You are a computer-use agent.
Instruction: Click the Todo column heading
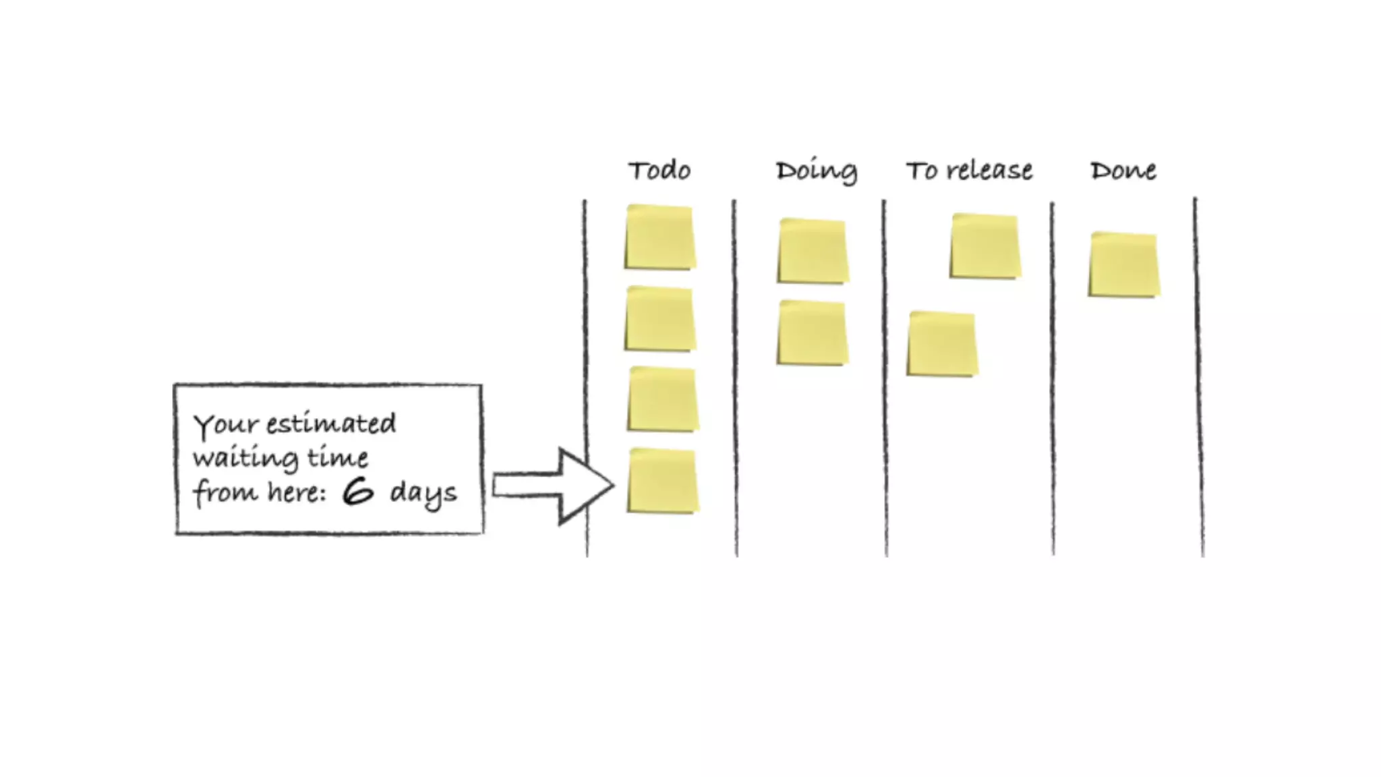pyautogui.click(x=659, y=171)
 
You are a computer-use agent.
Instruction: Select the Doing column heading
pyautogui.click(x=816, y=171)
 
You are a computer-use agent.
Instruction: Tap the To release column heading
pyautogui.click(x=969, y=171)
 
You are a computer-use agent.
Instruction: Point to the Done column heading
pyautogui.click(x=1123, y=171)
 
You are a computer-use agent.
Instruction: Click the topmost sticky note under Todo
pyautogui.click(x=660, y=237)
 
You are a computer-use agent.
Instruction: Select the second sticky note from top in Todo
pyautogui.click(x=660, y=319)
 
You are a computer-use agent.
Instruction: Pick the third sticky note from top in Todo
pyautogui.click(x=663, y=399)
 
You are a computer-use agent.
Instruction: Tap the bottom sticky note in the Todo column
pyautogui.click(x=663, y=481)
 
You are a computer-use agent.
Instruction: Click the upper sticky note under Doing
pyautogui.click(x=813, y=250)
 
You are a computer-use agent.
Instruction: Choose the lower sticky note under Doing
pyautogui.click(x=813, y=333)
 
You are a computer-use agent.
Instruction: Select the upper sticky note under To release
pyautogui.click(x=985, y=246)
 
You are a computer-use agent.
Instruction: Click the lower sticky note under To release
pyautogui.click(x=942, y=343)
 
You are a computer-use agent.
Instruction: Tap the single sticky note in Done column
pyautogui.click(x=1124, y=264)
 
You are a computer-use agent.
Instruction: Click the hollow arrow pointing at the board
pyautogui.click(x=553, y=486)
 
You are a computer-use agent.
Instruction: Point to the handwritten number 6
pyautogui.click(x=357, y=491)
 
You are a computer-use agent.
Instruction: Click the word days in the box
pyautogui.click(x=423, y=493)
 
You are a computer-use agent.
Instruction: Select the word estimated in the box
pyautogui.click(x=331, y=424)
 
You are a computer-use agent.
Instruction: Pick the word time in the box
pyautogui.click(x=338, y=458)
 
